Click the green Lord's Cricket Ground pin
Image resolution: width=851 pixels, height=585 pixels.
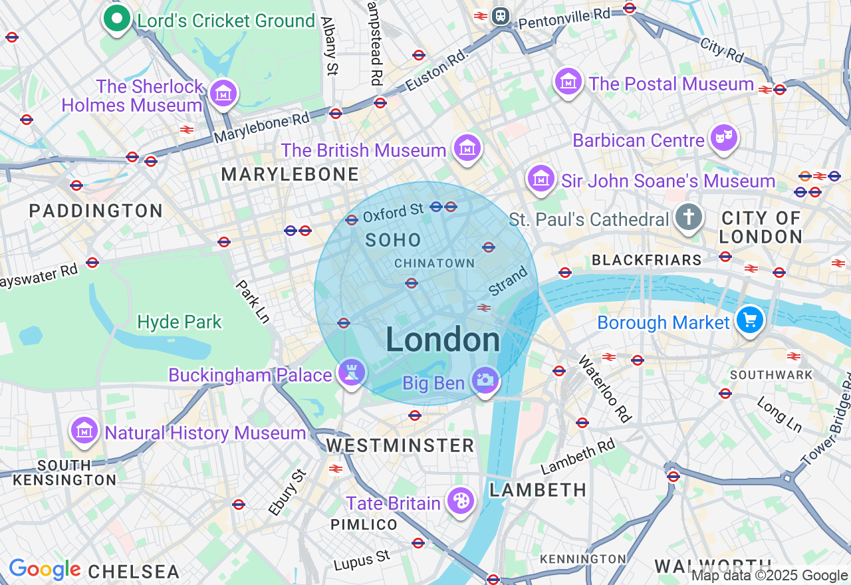pyautogui.click(x=117, y=19)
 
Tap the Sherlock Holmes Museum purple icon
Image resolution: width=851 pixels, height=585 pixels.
pyautogui.click(x=223, y=93)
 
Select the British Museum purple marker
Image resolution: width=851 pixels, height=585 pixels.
pyautogui.click(x=467, y=148)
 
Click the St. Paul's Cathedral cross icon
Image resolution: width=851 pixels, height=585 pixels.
pyautogui.click(x=689, y=217)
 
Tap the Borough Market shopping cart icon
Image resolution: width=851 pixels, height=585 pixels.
pyautogui.click(x=750, y=320)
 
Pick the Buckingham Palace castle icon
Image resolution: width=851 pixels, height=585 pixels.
pyautogui.click(x=351, y=373)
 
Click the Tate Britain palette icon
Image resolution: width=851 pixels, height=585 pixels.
pyautogui.click(x=459, y=501)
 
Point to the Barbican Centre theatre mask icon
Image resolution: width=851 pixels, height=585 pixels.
pyautogui.click(x=723, y=138)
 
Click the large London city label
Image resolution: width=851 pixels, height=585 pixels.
pyautogui.click(x=443, y=340)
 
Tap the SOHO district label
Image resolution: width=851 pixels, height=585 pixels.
pyautogui.click(x=394, y=241)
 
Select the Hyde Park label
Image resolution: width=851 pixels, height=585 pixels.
pyautogui.click(x=180, y=322)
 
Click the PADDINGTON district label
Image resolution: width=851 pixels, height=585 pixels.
pyautogui.click(x=96, y=211)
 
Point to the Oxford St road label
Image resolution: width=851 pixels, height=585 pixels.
pyautogui.click(x=393, y=213)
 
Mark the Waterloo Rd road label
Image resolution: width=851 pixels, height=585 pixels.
pyautogui.click(x=604, y=389)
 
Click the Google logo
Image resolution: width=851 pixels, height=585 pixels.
pyautogui.click(x=45, y=570)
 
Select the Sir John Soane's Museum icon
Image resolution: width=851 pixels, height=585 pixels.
pyautogui.click(x=541, y=179)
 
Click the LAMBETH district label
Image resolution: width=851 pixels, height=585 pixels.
pyautogui.click(x=538, y=490)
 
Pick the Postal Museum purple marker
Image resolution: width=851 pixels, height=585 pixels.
pyautogui.click(x=568, y=82)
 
